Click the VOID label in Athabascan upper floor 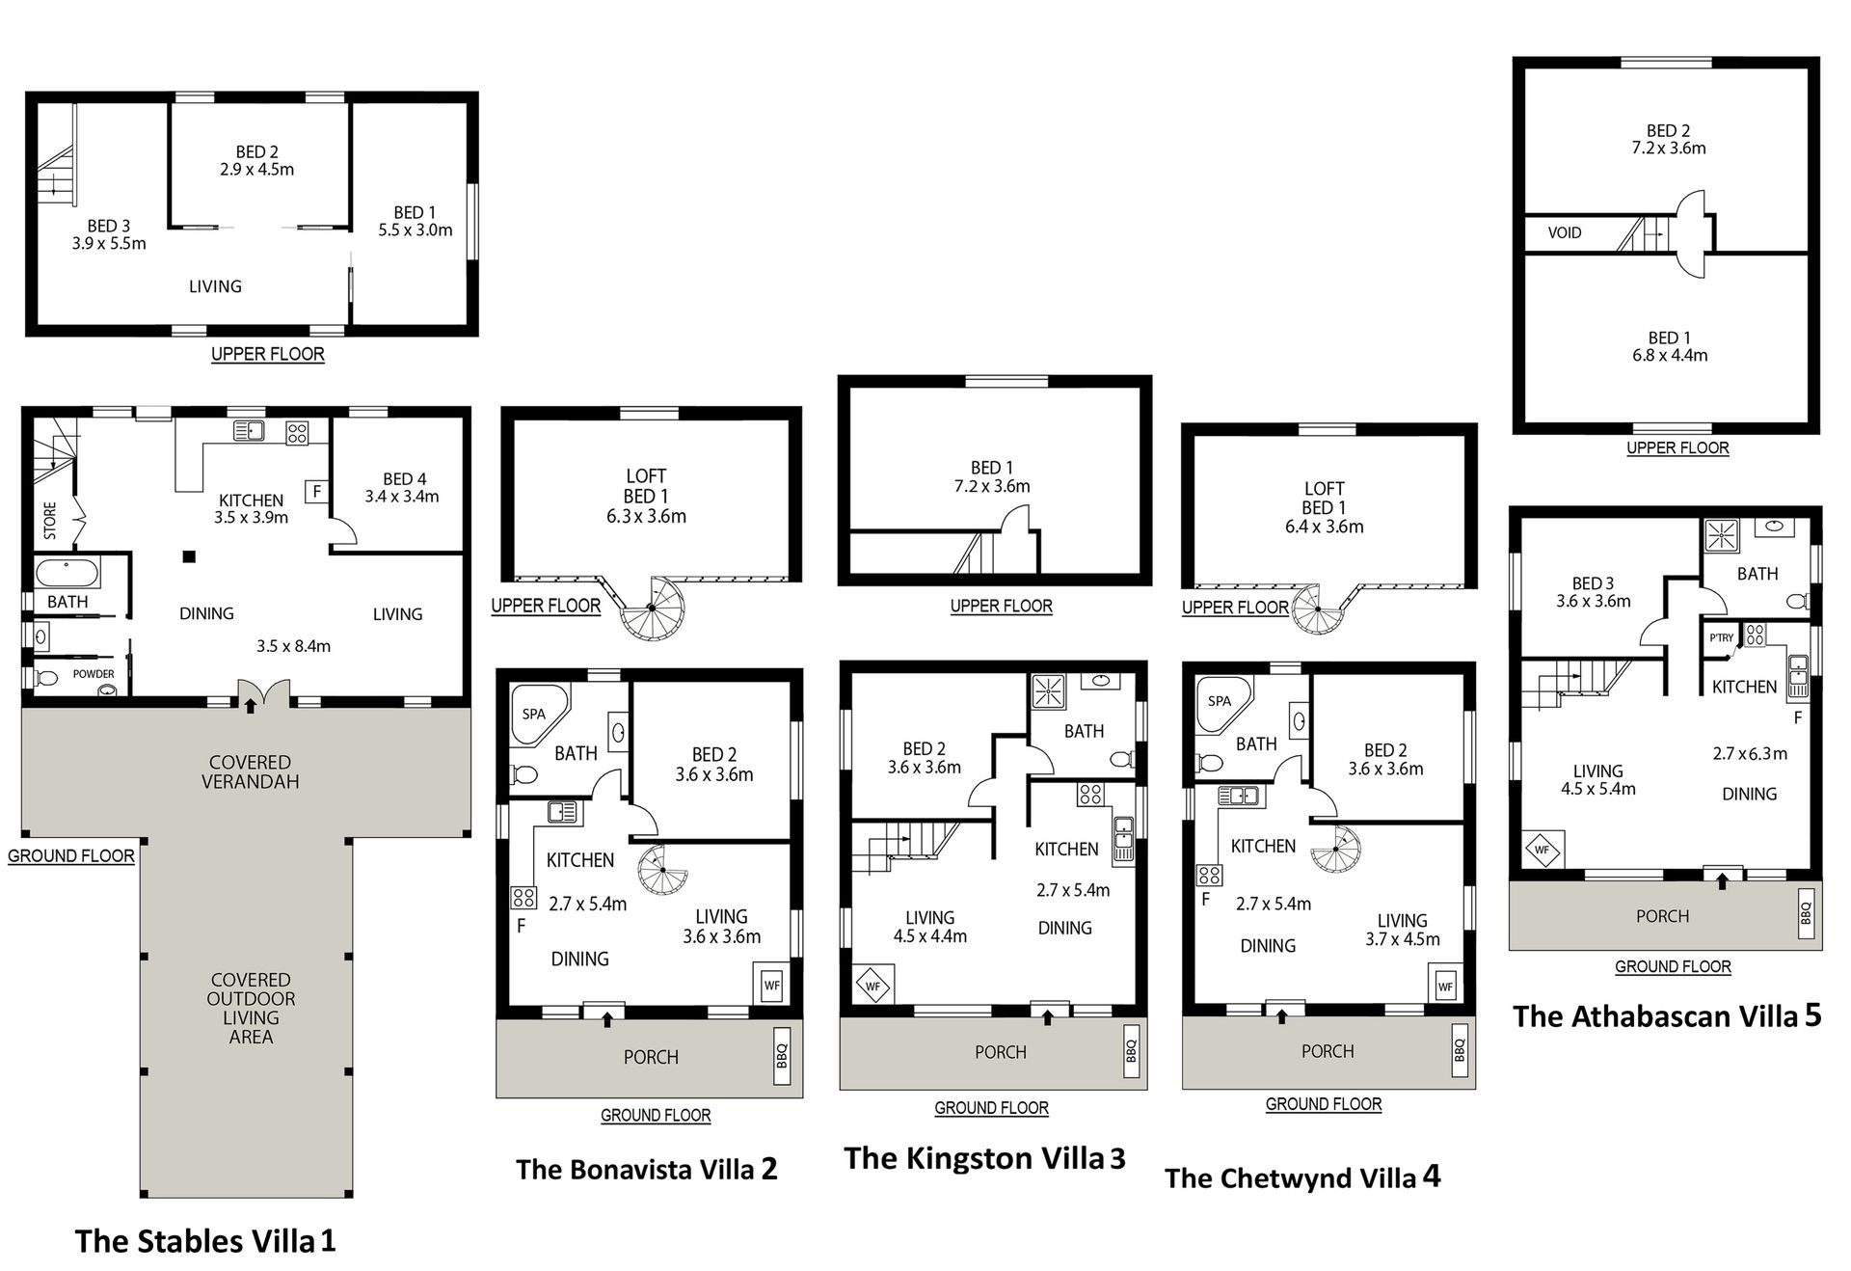(1564, 232)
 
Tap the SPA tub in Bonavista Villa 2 (535, 715)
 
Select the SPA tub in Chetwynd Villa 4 (1221, 702)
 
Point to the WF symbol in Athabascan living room (1542, 851)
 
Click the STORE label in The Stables (50, 521)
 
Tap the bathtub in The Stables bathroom (67, 575)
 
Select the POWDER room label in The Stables (94, 674)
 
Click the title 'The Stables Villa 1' (205, 1240)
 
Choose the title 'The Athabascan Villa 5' (1667, 1016)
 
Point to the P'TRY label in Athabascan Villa (1721, 637)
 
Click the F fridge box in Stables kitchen (316, 492)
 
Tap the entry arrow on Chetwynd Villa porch (1281, 1014)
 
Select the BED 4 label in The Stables (404, 479)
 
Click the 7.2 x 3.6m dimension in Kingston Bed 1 (993, 487)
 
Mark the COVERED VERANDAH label (251, 771)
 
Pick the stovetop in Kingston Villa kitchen (1090, 794)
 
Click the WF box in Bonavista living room (771, 986)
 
